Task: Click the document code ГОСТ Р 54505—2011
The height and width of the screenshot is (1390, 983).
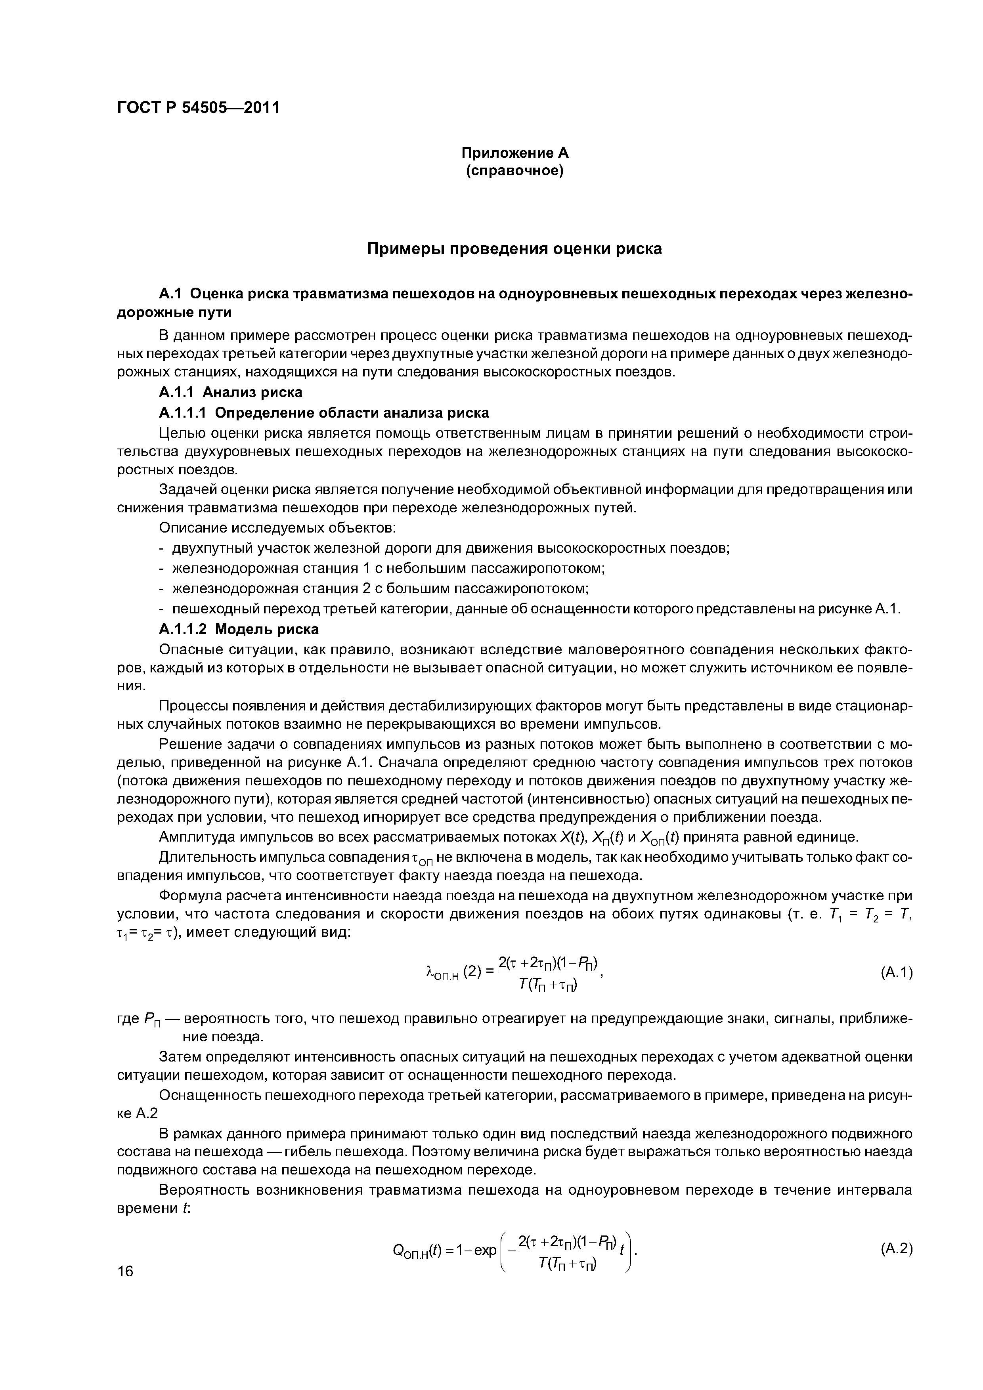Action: [x=198, y=108]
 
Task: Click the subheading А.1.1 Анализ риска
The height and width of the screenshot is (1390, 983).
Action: [x=230, y=392]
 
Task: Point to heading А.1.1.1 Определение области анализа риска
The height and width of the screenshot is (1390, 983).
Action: [x=323, y=413]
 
